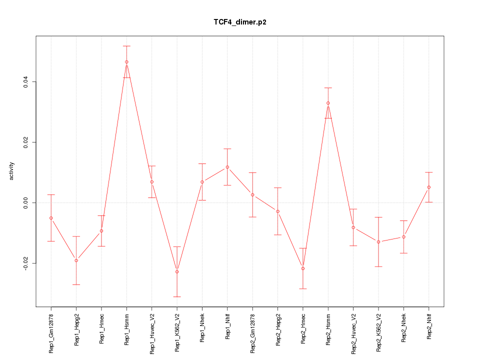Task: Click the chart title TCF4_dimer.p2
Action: coord(239,22)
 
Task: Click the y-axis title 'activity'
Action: coord(12,170)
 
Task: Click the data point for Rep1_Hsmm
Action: coord(126,62)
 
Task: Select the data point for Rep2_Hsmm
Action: coord(328,103)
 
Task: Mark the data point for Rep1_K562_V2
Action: coord(177,271)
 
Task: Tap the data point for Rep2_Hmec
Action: coord(303,268)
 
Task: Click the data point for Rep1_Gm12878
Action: coord(51,218)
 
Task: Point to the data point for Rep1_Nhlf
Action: coord(227,167)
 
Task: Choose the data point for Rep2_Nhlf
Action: coord(429,187)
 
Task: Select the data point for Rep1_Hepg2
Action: coord(76,260)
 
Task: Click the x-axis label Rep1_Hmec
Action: coord(101,326)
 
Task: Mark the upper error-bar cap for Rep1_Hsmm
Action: coord(126,46)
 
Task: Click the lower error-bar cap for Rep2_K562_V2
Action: coord(378,266)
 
